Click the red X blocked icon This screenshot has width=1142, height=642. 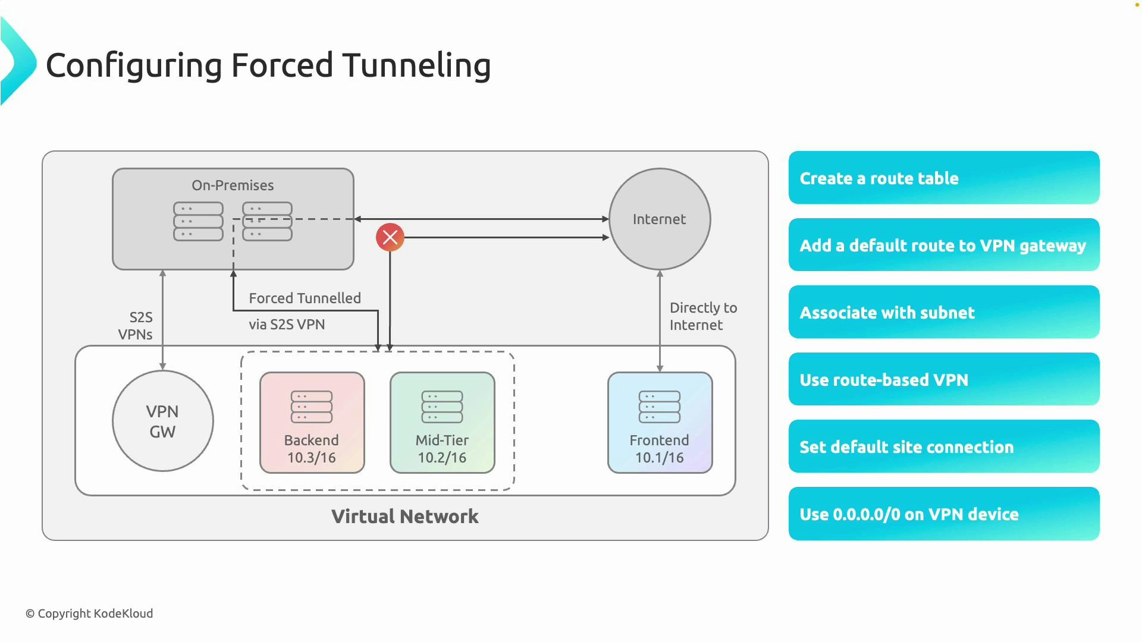tap(390, 237)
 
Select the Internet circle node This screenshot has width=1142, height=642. tap(659, 219)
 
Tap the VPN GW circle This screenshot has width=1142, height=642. tap(162, 421)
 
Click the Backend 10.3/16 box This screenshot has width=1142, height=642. tap(312, 423)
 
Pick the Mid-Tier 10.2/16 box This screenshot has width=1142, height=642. tap(442, 423)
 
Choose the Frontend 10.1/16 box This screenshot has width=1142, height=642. tap(660, 423)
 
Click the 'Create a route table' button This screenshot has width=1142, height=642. tap(943, 178)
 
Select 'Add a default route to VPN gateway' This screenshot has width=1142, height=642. tap(943, 245)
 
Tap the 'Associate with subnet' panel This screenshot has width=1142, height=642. tap(943, 312)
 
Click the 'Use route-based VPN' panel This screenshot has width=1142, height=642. tap(943, 379)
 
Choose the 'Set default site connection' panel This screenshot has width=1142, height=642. tap(943, 446)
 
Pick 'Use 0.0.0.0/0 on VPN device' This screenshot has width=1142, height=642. tap(943, 514)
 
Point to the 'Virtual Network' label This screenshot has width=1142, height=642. tap(404, 516)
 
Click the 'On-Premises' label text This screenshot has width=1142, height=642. tap(233, 185)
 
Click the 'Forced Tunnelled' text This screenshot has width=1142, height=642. tap(305, 298)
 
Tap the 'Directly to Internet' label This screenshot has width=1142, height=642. tap(702, 316)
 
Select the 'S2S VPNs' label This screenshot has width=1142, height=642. tap(136, 326)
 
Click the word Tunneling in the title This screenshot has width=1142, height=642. tap(416, 65)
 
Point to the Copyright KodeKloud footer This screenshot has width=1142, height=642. tap(89, 613)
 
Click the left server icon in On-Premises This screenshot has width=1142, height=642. tap(198, 221)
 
